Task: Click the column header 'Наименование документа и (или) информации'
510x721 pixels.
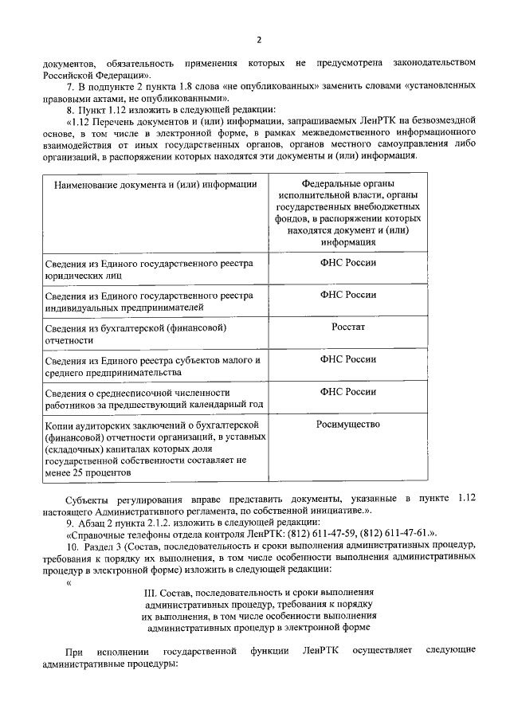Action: (x=155, y=185)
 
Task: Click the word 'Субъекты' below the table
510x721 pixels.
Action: (x=89, y=498)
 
